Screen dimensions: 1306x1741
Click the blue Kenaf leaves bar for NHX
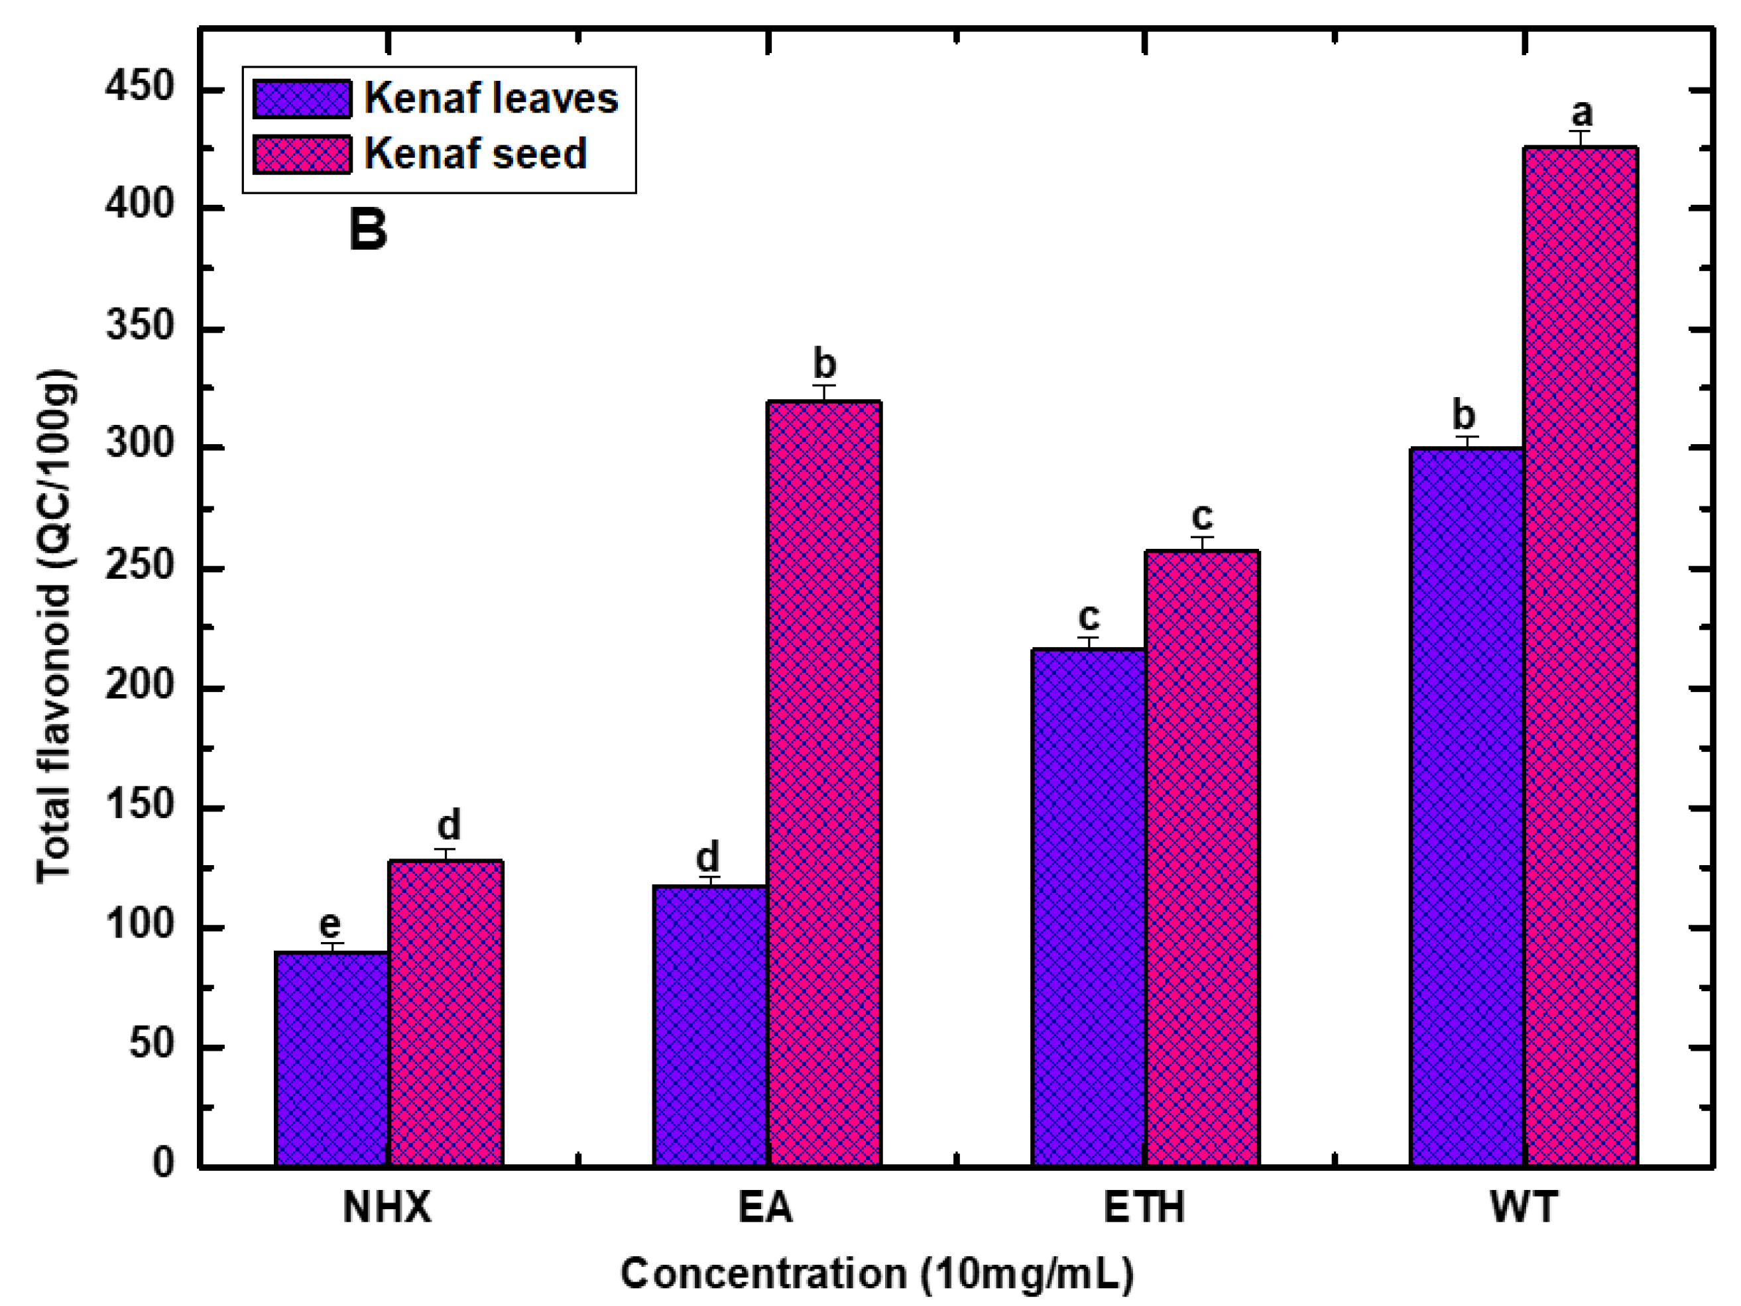pyautogui.click(x=331, y=1059)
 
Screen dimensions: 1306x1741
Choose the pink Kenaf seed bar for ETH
pyautogui.click(x=1202, y=858)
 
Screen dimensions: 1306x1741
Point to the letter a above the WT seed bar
pyautogui.click(x=1581, y=113)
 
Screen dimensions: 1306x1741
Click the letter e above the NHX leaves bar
pyautogui.click(x=330, y=923)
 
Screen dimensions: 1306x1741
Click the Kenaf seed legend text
pyautogui.click(x=475, y=154)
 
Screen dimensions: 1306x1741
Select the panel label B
pyautogui.click(x=367, y=230)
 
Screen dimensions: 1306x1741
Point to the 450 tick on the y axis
pyautogui.click(x=139, y=88)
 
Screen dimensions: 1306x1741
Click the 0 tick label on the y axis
pyautogui.click(x=163, y=1162)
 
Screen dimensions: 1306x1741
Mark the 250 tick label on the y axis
pyautogui.click(x=139, y=566)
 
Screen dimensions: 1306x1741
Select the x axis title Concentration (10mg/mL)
pyautogui.click(x=876, y=1274)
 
